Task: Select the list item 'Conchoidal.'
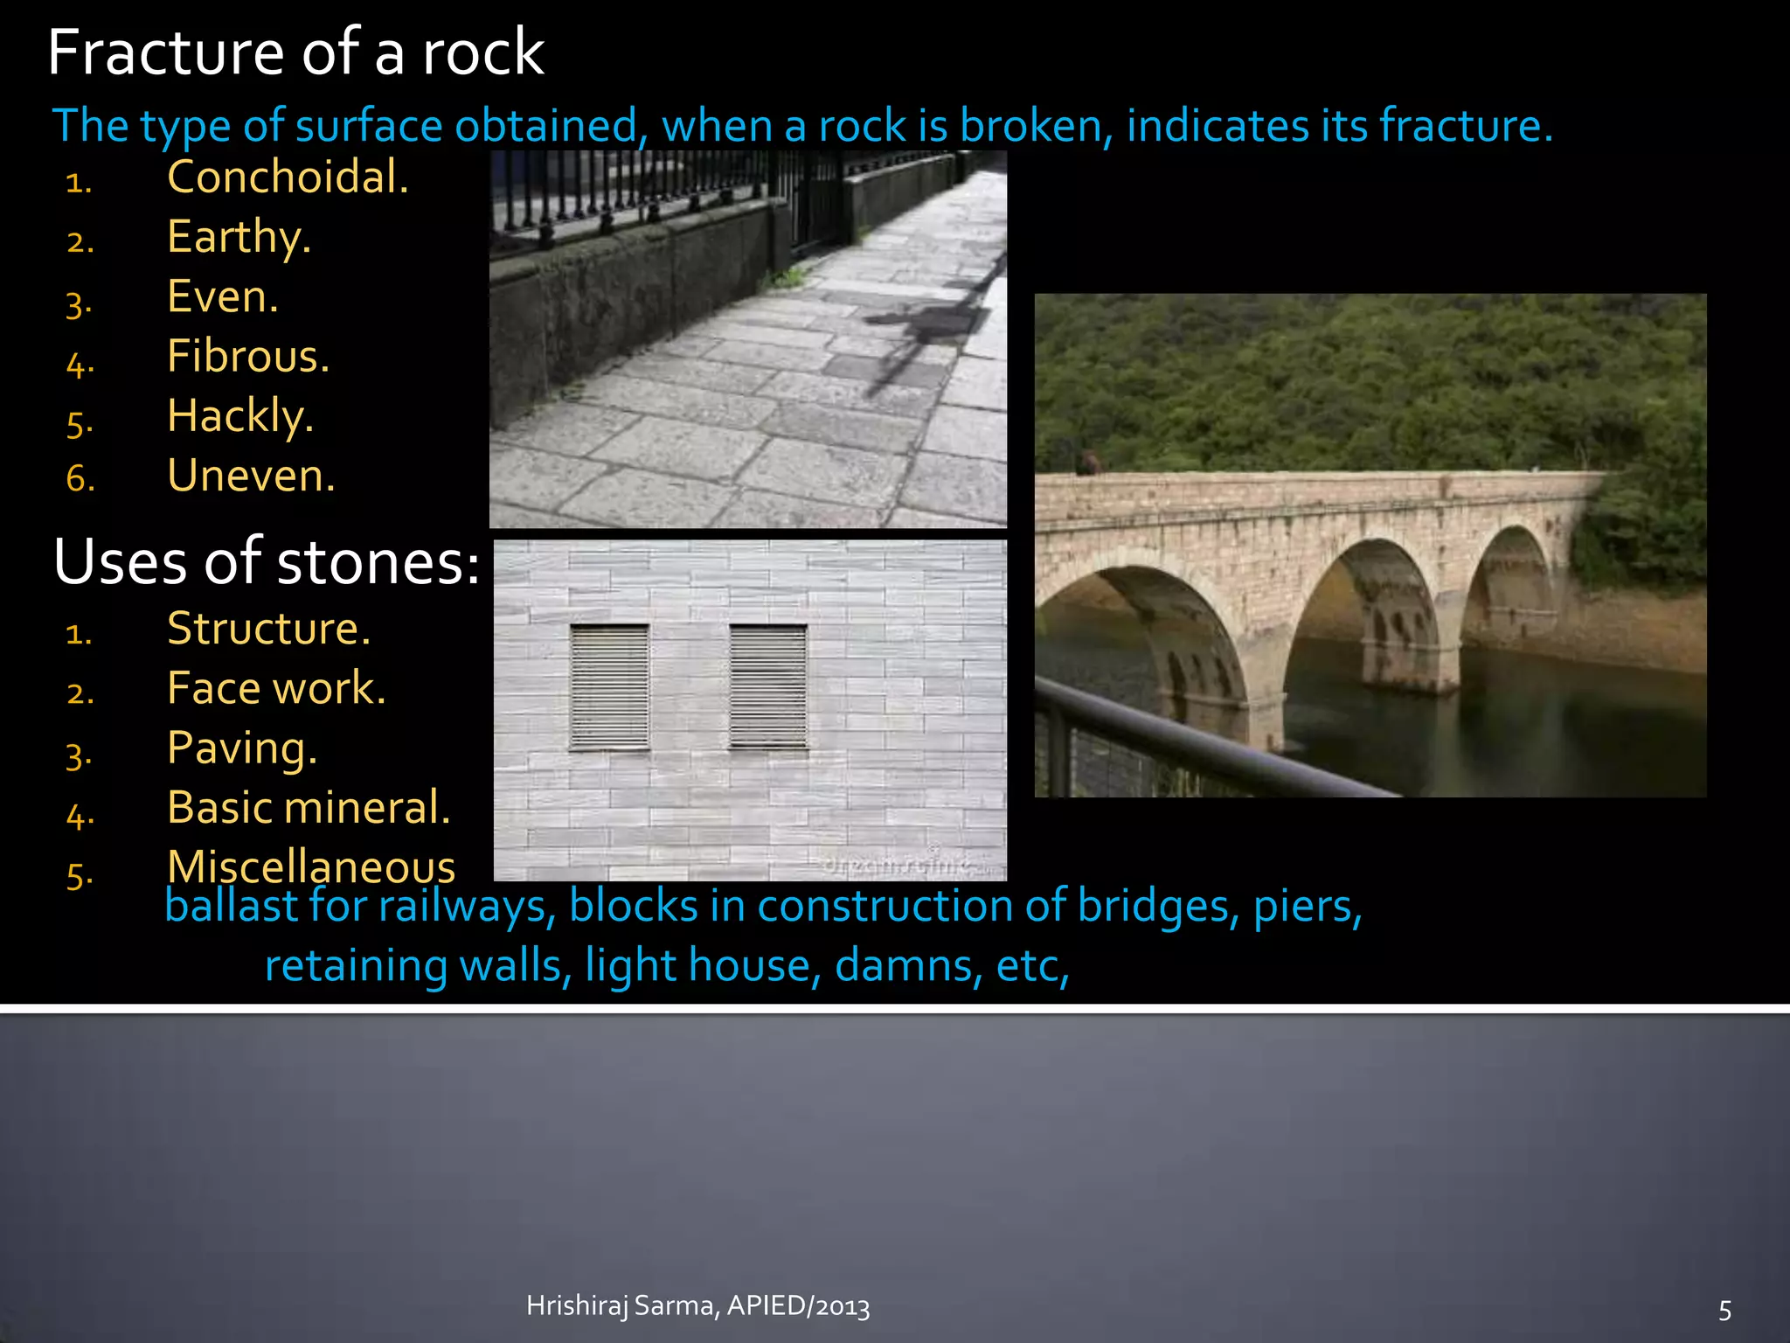point(288,177)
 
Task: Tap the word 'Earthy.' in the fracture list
point(239,237)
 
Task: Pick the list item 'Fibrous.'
point(248,356)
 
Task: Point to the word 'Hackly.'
point(240,415)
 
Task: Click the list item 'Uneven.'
point(251,476)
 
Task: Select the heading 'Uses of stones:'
point(267,561)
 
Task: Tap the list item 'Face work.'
point(276,688)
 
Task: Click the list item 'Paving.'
point(242,748)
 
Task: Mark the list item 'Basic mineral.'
point(309,807)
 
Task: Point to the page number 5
point(1724,1310)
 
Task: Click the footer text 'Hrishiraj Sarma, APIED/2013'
point(697,1305)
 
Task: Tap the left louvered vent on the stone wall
point(609,687)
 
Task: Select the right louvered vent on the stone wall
point(768,687)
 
